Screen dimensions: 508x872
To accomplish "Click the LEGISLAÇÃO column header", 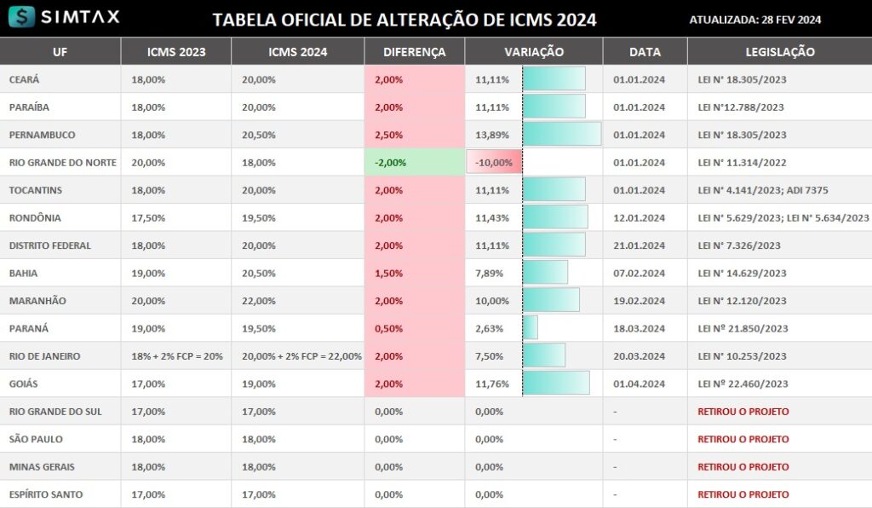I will [779, 52].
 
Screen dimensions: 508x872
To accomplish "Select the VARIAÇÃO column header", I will [533, 52].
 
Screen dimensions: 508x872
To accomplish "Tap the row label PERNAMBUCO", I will [42, 135].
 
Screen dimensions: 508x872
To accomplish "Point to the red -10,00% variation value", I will [494, 163].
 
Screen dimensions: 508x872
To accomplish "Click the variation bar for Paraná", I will [530, 328].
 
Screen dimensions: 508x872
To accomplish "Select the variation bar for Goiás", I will [555, 384].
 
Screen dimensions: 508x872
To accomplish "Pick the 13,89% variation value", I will [492, 135].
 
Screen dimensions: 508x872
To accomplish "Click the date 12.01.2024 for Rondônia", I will [639, 218].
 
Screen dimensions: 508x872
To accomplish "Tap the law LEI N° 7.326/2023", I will [738, 245].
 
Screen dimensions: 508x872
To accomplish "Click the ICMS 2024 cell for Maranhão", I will [259, 301].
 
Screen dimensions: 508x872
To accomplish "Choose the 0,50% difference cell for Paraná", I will [389, 328].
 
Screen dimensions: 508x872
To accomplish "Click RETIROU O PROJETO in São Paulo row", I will [743, 439].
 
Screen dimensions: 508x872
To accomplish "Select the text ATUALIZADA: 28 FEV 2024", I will [754, 20].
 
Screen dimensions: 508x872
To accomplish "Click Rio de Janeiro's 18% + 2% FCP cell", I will [177, 356].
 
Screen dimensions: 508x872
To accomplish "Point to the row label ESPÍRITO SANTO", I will [45, 494].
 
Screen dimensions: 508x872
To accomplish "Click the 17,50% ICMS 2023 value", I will [148, 218].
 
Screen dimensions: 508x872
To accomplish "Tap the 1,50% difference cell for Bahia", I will [389, 274].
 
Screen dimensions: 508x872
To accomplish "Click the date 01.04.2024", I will [639, 384].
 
